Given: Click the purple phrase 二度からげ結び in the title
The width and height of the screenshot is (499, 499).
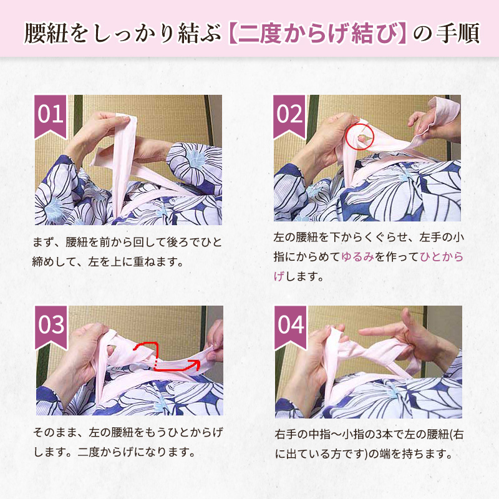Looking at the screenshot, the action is pos(317,34).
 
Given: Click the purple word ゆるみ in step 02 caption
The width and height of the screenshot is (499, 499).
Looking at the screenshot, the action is pos(357,257).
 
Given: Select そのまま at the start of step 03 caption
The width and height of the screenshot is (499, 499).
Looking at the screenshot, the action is pos(55,432).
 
